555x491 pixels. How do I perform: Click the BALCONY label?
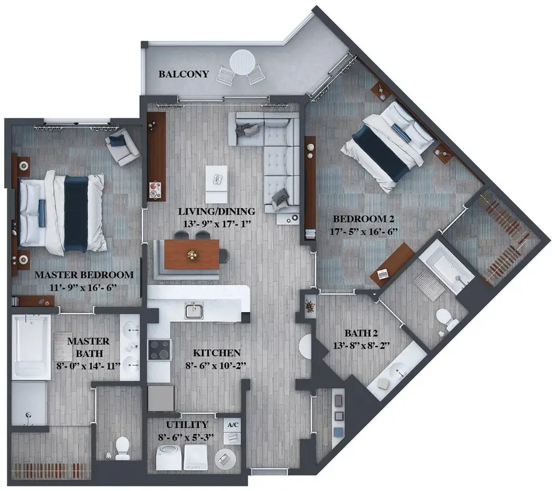click(x=184, y=74)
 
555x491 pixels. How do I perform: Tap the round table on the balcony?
click(x=242, y=62)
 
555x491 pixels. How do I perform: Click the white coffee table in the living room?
click(x=216, y=183)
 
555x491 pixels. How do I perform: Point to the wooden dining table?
click(x=191, y=254)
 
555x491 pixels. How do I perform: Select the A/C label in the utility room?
click(x=232, y=425)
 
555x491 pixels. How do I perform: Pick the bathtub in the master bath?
click(x=31, y=347)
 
